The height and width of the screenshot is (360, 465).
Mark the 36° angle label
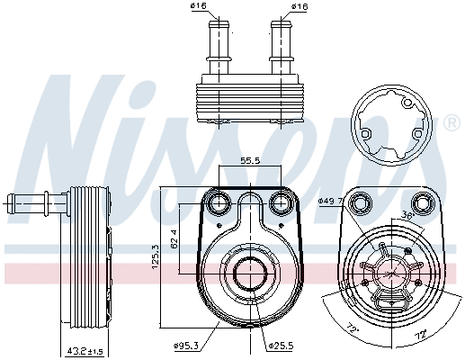[406, 217]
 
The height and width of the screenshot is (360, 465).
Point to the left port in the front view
[218, 204]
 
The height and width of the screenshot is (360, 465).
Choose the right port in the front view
[279, 204]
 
